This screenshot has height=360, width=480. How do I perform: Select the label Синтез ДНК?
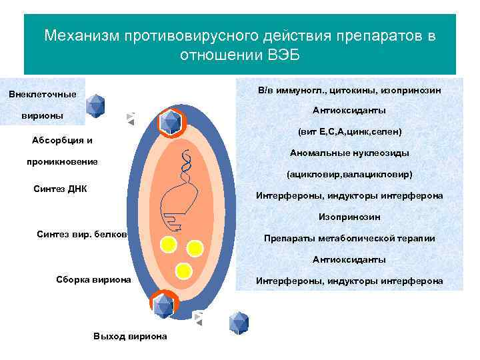point(60,189)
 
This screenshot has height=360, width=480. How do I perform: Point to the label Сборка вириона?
point(94,279)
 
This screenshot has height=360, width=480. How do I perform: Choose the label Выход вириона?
point(131,336)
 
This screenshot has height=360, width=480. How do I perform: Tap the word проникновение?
point(62,161)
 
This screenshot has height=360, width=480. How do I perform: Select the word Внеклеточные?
point(43,94)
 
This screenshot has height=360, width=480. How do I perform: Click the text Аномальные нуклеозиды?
point(349,153)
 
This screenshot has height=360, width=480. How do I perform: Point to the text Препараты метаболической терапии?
point(349,239)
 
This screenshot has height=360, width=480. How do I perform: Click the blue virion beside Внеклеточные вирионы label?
point(97,105)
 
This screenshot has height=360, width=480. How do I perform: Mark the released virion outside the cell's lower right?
point(239,322)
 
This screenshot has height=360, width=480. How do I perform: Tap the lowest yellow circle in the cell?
point(183,270)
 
